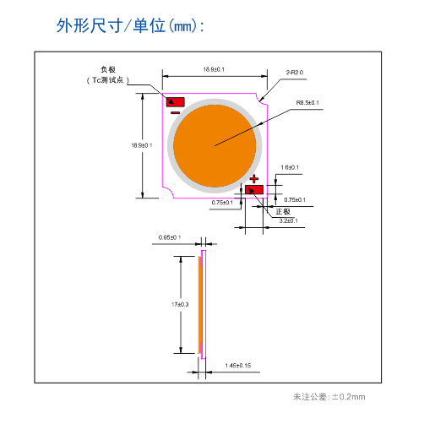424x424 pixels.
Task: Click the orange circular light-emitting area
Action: click(x=215, y=145)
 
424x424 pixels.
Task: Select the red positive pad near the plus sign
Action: click(x=254, y=189)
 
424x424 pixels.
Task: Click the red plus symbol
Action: click(x=253, y=178)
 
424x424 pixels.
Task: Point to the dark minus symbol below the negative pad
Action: click(x=175, y=112)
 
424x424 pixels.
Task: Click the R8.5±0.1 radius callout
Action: click(x=307, y=103)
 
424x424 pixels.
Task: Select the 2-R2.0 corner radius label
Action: click(x=295, y=73)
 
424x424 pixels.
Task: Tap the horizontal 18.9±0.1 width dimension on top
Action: click(x=214, y=69)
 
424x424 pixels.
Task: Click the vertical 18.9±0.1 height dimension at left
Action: click(x=141, y=145)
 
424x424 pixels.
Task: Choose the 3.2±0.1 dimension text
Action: click(x=289, y=220)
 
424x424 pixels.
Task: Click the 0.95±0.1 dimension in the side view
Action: click(x=170, y=237)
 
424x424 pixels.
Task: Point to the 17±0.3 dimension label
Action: click(x=179, y=304)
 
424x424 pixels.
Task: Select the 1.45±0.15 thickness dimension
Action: click(x=238, y=365)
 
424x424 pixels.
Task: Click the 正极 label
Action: click(x=282, y=210)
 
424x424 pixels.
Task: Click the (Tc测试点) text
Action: click(x=106, y=79)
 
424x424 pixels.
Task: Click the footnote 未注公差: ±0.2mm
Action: click(x=329, y=396)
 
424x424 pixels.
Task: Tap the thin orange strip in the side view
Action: click(x=201, y=304)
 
